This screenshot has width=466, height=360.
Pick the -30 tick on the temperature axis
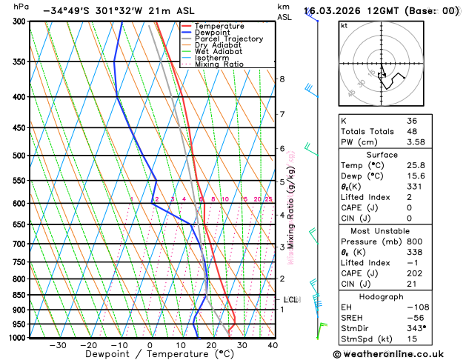coord(57,345)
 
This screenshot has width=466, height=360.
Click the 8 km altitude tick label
coord(282,79)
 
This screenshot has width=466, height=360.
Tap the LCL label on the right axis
coord(290,300)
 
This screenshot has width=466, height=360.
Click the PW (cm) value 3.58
coord(416,142)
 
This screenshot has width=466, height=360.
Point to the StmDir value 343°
coord(416,328)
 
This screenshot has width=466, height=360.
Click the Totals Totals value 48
coord(411,131)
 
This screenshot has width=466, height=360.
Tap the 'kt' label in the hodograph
coord(344,25)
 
